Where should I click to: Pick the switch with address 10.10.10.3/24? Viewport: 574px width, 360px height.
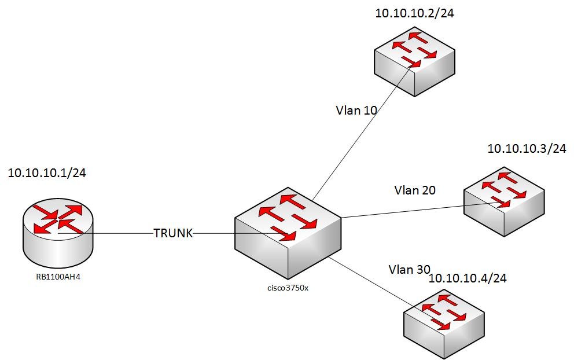[504, 203]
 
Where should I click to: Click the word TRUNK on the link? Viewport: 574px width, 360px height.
[173, 233]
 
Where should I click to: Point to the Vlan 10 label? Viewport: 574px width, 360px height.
[356, 109]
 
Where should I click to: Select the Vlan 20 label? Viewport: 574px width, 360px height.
[415, 190]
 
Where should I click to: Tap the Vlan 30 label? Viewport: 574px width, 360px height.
[409, 269]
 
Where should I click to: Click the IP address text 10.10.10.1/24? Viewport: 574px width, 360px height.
[47, 173]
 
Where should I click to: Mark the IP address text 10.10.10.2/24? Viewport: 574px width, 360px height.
[414, 14]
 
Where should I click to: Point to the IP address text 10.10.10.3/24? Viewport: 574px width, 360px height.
[527, 149]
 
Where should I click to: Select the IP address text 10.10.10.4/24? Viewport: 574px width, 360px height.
[468, 279]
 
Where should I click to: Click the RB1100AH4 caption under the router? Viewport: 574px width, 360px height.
[59, 277]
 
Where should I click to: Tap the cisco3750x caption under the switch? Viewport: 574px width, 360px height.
[288, 288]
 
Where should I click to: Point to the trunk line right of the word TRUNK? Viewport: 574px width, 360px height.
[214, 234]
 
